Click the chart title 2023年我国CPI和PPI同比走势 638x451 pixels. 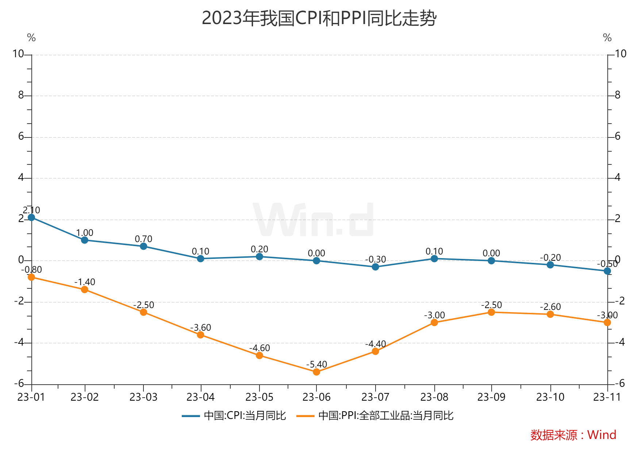[319, 18]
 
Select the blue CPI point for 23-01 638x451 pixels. [31, 217]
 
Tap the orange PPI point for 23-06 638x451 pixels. [316, 372]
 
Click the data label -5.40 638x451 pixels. [316, 364]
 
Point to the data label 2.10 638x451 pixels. [31, 210]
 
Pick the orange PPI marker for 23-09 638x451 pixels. [491, 312]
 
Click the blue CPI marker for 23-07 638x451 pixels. [375, 267]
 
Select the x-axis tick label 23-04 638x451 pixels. [200, 397]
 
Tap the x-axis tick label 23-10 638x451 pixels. [550, 397]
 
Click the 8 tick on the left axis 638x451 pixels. [21, 95]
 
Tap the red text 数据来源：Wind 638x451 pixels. [573, 435]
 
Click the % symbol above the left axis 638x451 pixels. [31, 38]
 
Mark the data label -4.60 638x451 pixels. [260, 348]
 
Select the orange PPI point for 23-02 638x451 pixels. [85, 289]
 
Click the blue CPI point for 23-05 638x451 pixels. [260, 257]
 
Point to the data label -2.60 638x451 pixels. [550, 307]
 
